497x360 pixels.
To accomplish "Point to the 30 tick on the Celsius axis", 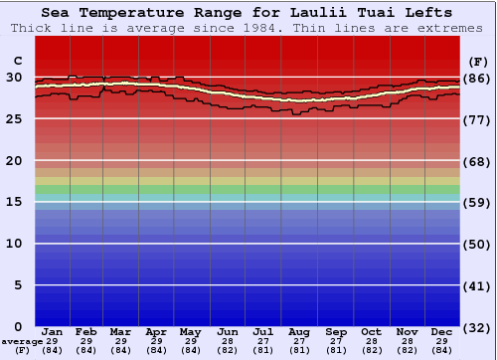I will [14, 77].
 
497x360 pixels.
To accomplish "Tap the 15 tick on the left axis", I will [14, 202].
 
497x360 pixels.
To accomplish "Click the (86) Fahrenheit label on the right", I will [478, 78].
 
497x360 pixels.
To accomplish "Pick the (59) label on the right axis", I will [478, 203].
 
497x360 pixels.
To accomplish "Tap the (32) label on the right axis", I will [478, 327].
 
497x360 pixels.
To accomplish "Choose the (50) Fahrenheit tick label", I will [478, 244].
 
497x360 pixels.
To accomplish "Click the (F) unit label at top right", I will [478, 60].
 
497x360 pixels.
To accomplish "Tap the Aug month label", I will [299, 331].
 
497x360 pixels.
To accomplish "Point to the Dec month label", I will [441, 331].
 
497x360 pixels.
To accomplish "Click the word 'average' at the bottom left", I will [22, 341].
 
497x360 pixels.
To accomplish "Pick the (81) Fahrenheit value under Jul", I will [263, 350].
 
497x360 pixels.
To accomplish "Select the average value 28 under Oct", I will [370, 341].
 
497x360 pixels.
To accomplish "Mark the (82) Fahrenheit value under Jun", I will [229, 350].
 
